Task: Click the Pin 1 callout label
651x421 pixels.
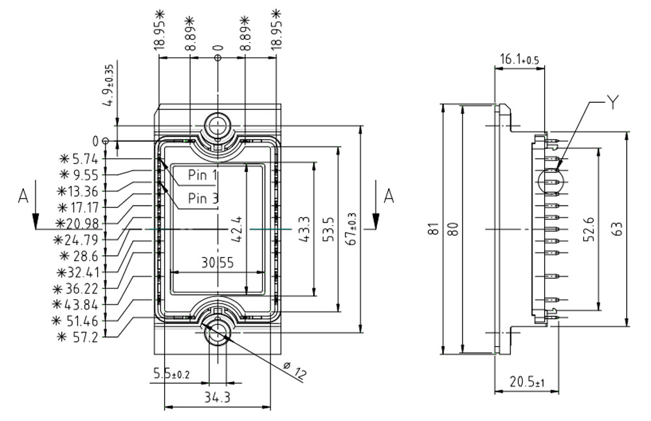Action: [x=202, y=175]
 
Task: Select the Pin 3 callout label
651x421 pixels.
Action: [x=202, y=198]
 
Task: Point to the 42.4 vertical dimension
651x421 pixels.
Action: [x=239, y=230]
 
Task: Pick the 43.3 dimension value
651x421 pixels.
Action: [x=304, y=230]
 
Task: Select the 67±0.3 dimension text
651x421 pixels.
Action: [x=352, y=228]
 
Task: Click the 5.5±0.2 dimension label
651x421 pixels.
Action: [x=171, y=374]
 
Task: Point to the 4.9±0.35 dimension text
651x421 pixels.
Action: [x=109, y=85]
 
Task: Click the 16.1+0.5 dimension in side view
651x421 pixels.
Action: [x=519, y=59]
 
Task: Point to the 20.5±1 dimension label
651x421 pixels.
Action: [x=527, y=382]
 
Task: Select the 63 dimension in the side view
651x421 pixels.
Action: [x=618, y=229]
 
